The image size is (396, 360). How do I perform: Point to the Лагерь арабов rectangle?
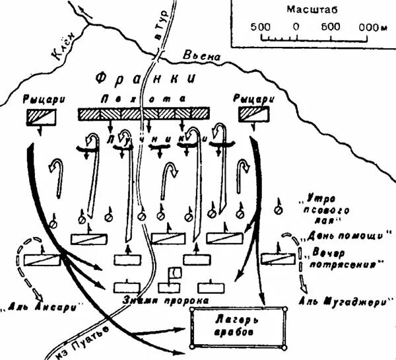[239, 327]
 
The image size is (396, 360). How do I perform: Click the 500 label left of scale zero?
[260, 26]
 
